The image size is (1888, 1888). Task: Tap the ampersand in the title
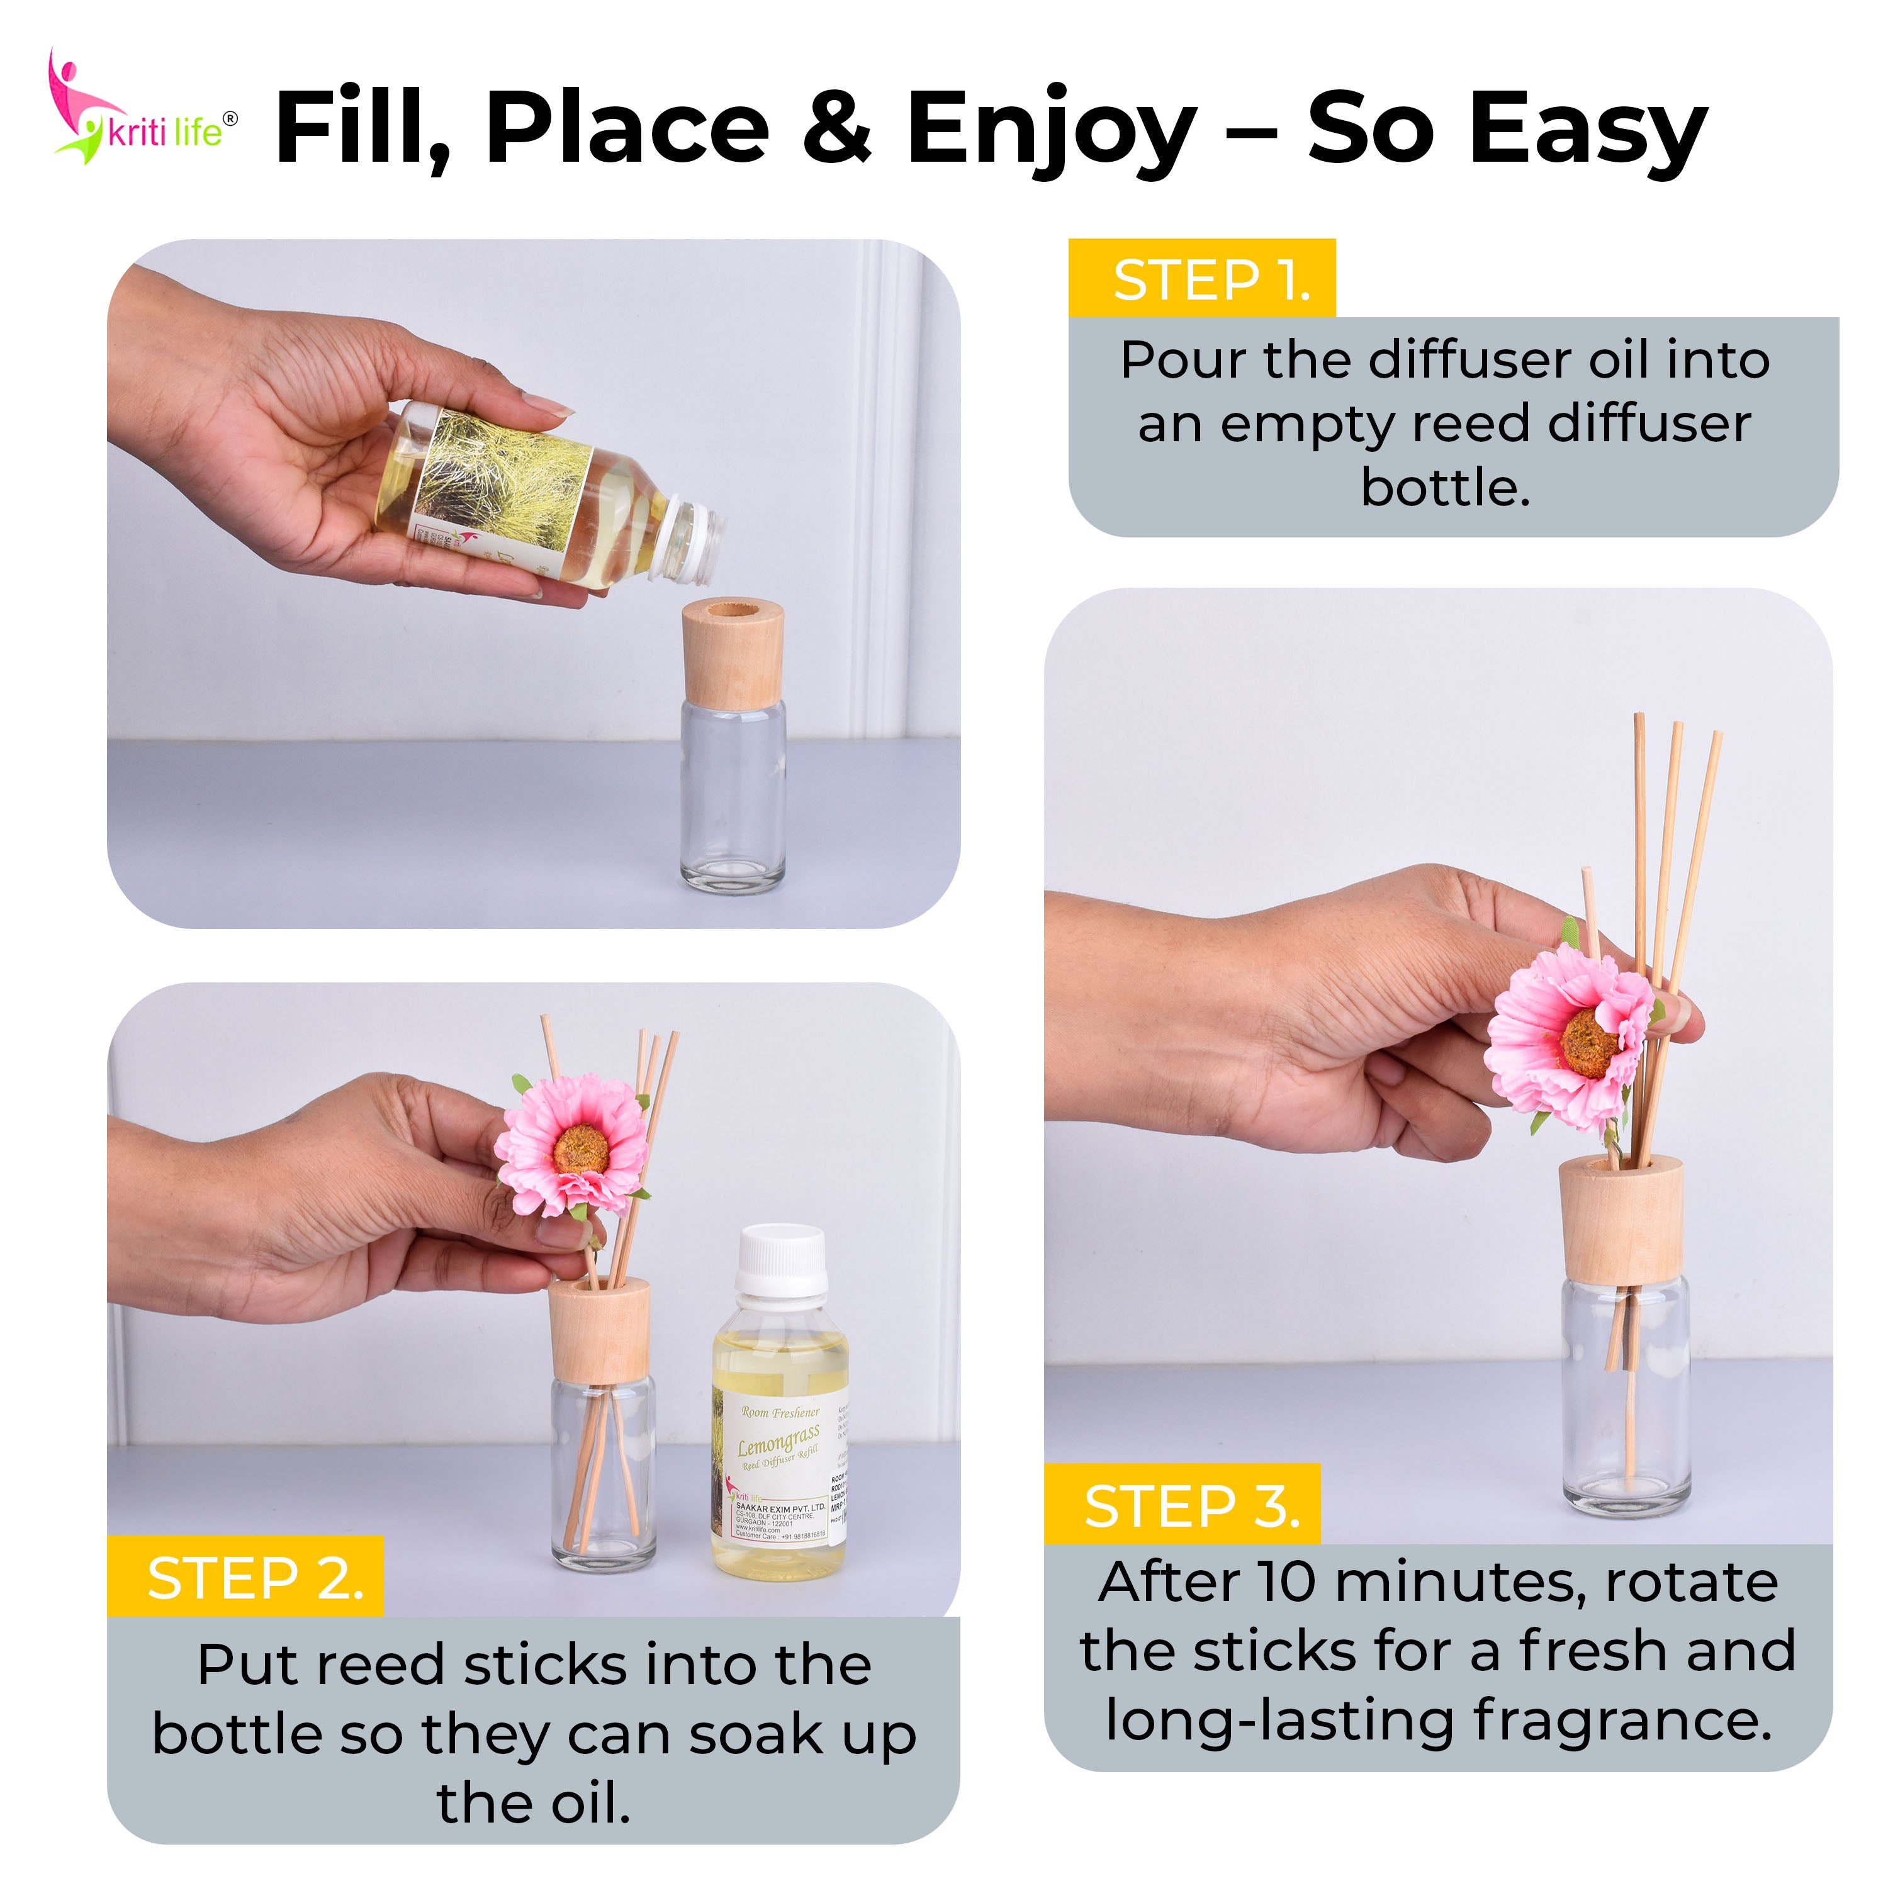pos(836,127)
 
